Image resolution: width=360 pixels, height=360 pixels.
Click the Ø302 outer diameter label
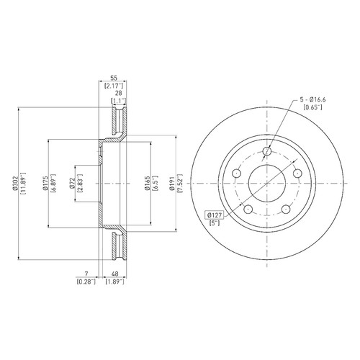(16, 184)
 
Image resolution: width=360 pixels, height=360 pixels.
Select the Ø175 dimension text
(45, 184)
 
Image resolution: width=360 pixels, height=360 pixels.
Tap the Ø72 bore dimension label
(72, 184)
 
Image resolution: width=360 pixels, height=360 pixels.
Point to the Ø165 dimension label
(148, 184)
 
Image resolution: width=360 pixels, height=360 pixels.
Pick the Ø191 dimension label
(172, 184)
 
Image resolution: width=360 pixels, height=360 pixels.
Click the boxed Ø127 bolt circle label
(214, 215)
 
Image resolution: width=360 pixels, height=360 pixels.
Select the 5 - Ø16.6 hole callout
(312, 99)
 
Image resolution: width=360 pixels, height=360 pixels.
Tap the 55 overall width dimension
(114, 78)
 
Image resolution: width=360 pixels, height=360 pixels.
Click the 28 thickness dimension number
(119, 93)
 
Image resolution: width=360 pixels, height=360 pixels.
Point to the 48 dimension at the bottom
(115, 274)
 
